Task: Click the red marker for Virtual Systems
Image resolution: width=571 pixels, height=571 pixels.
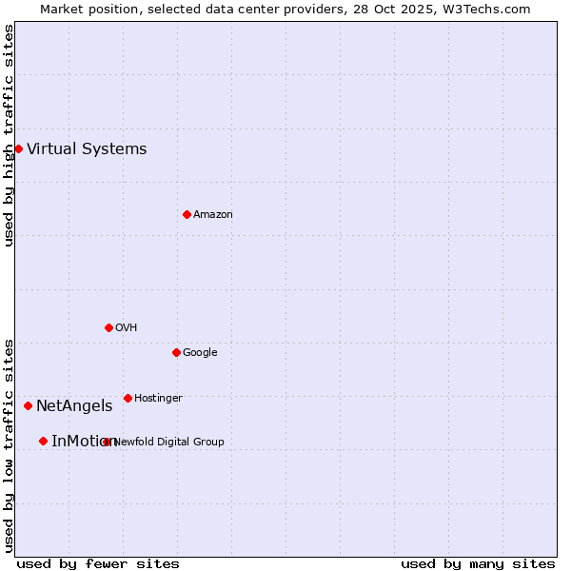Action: pyautogui.click(x=18, y=148)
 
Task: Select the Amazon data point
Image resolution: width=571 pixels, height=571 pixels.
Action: pyautogui.click(x=187, y=214)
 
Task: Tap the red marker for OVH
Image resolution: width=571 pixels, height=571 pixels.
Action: pyautogui.click(x=108, y=327)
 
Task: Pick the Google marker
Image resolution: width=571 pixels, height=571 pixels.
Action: pyautogui.click(x=176, y=352)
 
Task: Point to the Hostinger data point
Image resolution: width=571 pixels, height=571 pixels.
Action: pyautogui.click(x=128, y=398)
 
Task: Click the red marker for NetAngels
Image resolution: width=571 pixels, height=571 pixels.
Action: pyautogui.click(x=28, y=405)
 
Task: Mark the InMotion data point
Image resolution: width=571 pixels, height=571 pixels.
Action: pyautogui.click(x=43, y=441)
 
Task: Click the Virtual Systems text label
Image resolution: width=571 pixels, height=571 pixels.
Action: pyautogui.click(x=87, y=148)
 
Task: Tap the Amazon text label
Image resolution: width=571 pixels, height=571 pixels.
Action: pyautogui.click(x=213, y=214)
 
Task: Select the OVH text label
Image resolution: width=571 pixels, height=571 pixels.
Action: pyautogui.click(x=127, y=327)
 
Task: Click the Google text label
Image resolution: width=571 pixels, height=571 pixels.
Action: pyautogui.click(x=200, y=352)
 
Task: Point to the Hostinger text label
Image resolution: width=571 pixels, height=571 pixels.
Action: pyautogui.click(x=158, y=398)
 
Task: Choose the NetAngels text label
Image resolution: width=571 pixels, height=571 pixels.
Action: pyautogui.click(x=74, y=405)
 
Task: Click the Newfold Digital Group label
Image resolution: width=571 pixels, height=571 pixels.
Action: pyautogui.click(x=169, y=442)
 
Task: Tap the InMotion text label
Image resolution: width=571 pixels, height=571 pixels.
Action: pyautogui.click(x=81, y=441)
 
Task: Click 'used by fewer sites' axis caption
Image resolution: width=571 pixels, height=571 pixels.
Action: pyautogui.click(x=98, y=563)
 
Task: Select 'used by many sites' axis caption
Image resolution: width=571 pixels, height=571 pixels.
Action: pyautogui.click(x=478, y=563)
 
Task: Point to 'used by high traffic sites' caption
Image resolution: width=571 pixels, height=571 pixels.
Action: pyautogui.click(x=9, y=135)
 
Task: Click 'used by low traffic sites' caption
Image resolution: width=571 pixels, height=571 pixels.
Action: pyautogui.click(x=9, y=444)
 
